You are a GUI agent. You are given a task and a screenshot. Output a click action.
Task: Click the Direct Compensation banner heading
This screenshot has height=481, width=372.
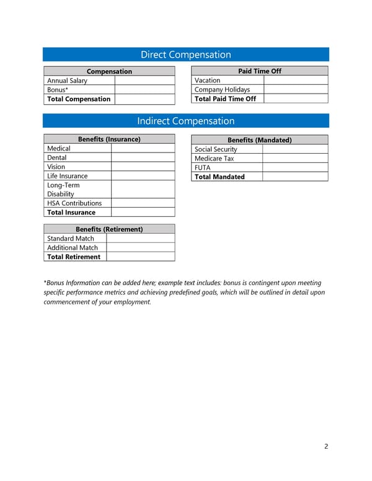[x=185, y=55]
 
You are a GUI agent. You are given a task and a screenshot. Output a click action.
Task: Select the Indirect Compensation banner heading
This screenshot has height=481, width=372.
[x=185, y=121]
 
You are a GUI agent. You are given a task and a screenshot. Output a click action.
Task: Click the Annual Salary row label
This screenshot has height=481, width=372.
[x=67, y=81]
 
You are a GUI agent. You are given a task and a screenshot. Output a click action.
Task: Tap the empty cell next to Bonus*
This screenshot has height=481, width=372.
[x=144, y=90]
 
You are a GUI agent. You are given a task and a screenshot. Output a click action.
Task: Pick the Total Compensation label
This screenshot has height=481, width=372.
[x=79, y=99]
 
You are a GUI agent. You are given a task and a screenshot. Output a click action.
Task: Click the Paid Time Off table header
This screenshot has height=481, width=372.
[x=259, y=71]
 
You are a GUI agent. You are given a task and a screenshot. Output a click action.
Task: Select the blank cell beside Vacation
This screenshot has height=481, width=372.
[x=295, y=81]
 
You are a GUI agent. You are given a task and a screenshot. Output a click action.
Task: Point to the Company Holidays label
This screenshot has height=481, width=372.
[x=222, y=90]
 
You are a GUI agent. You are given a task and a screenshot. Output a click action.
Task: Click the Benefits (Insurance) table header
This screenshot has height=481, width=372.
[x=108, y=139]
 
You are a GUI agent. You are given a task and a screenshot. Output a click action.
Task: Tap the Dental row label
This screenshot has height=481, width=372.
[x=57, y=158]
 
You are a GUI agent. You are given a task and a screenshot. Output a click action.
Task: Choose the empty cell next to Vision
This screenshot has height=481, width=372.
[x=143, y=167]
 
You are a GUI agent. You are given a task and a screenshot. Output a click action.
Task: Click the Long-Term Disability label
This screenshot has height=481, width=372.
[x=63, y=190]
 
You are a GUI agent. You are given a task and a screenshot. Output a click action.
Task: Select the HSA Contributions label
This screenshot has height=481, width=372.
[x=74, y=203]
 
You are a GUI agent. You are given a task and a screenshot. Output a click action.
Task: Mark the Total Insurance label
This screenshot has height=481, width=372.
[x=71, y=213]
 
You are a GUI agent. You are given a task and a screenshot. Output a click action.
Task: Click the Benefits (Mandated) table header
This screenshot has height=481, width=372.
[x=259, y=140]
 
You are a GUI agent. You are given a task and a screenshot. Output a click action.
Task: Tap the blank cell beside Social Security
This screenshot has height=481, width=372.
[x=294, y=149]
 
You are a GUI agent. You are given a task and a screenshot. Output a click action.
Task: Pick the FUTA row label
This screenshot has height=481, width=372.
[x=203, y=167]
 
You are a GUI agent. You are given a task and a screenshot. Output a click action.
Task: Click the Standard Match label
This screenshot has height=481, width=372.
[x=71, y=239]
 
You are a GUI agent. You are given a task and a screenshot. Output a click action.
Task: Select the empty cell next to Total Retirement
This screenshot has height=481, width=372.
[x=140, y=257]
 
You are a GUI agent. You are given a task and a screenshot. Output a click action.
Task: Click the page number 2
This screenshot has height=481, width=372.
[x=326, y=446]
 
